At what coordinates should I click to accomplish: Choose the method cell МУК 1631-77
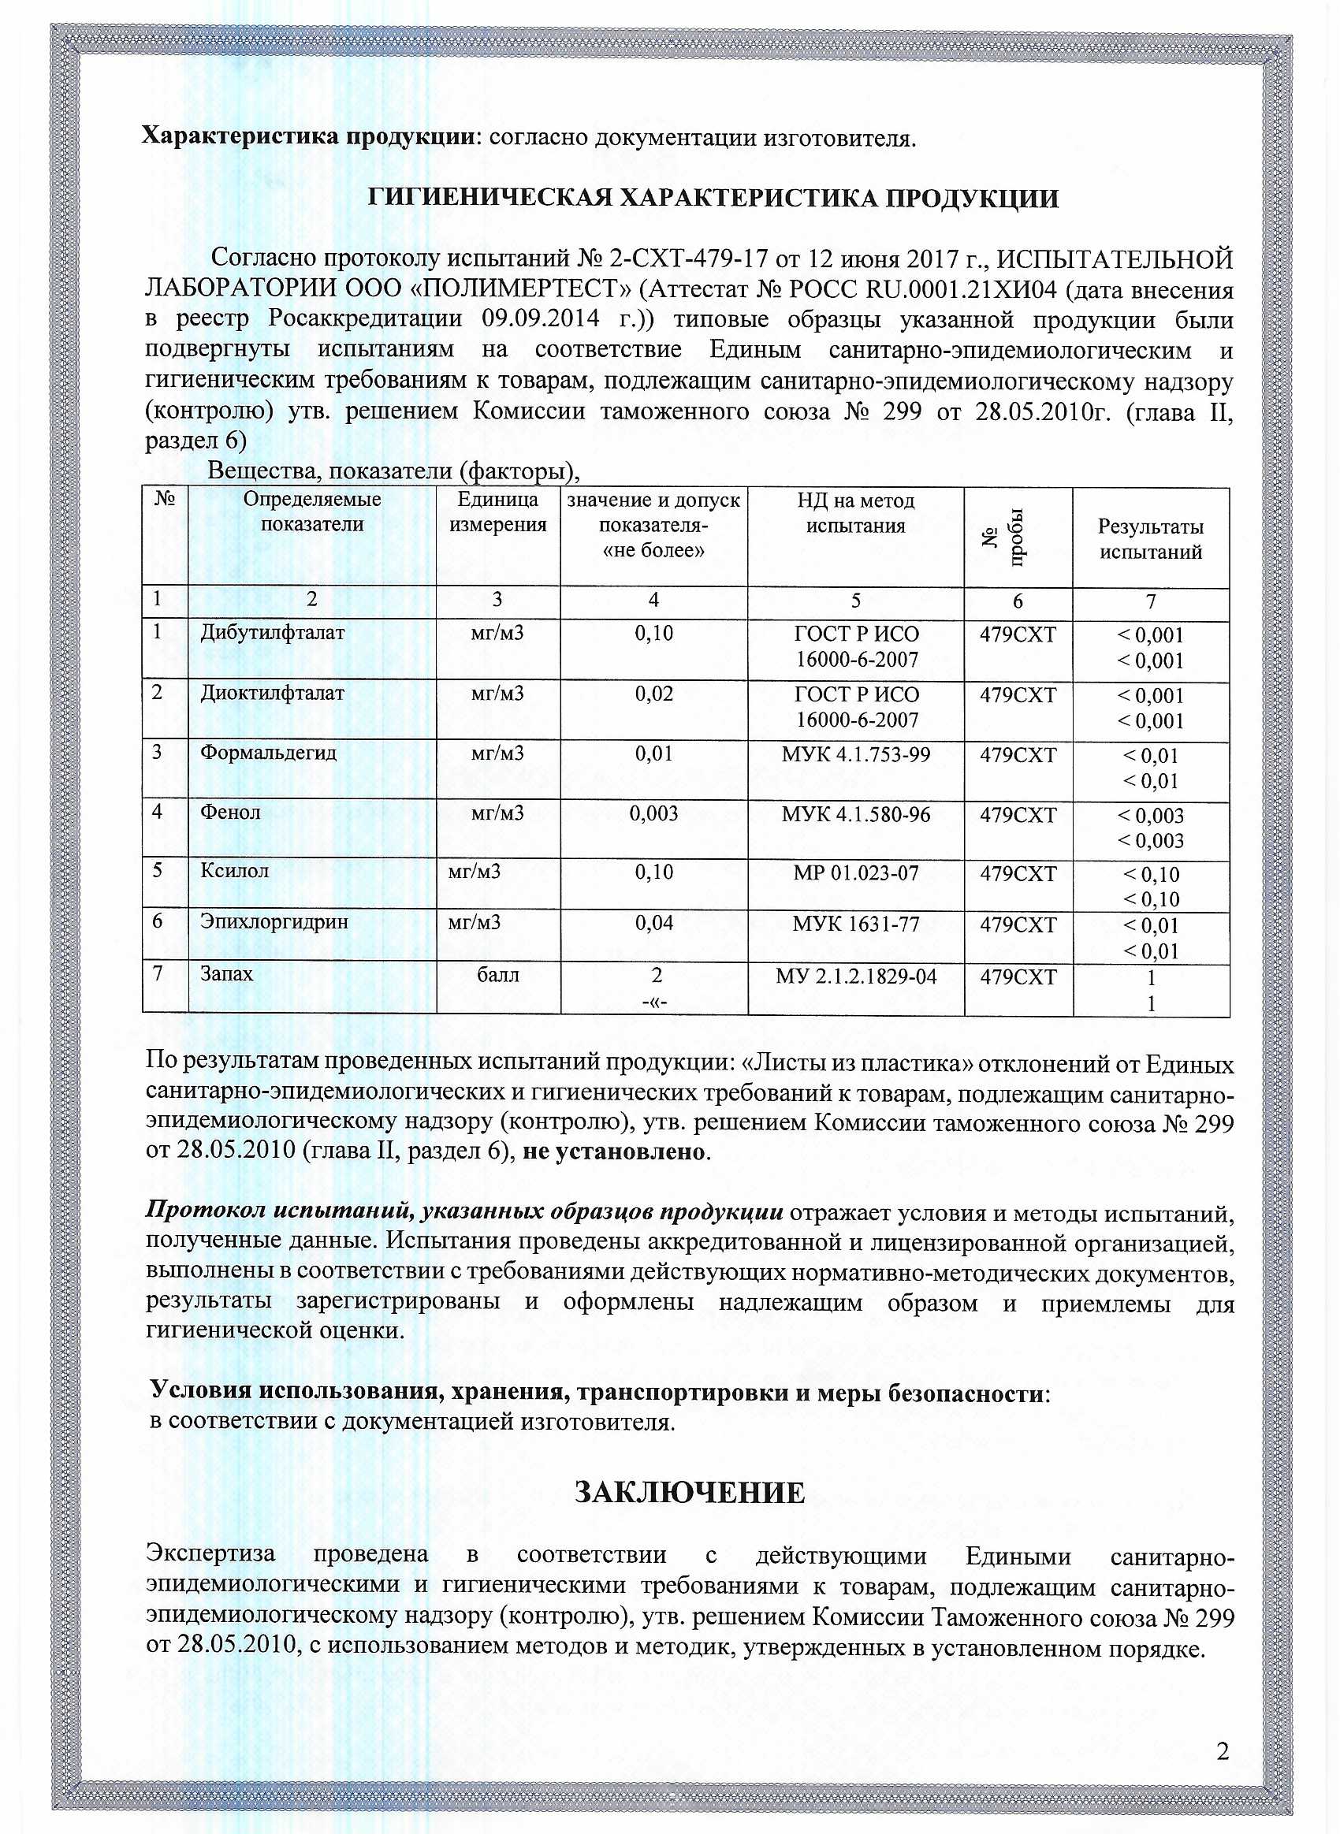856,924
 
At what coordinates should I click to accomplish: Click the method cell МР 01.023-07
856,873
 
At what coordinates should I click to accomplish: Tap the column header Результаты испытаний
1150,539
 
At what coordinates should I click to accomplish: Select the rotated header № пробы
1017,537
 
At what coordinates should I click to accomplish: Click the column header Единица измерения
497,512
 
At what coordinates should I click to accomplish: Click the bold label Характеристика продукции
308,136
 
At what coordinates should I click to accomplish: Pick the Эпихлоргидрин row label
274,922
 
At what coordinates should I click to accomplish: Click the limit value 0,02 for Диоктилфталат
653,694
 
